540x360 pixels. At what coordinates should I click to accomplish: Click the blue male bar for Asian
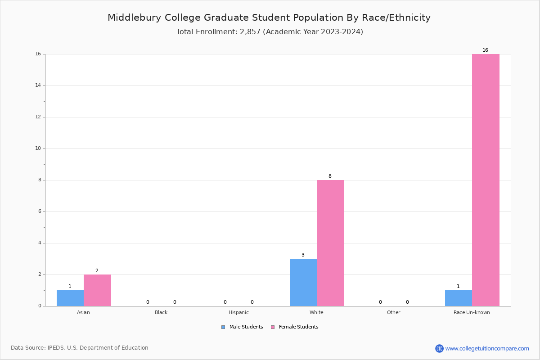coord(70,298)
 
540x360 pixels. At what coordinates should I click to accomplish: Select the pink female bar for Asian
coord(97,290)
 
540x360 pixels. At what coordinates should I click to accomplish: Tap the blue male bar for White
coord(303,282)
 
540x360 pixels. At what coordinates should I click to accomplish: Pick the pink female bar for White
coord(330,243)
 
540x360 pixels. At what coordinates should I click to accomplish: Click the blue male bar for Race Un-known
coord(458,298)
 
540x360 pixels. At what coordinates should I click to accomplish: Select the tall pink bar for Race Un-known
coord(486,180)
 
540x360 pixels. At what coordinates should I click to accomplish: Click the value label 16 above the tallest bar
coord(485,50)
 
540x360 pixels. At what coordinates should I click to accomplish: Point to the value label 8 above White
coord(330,176)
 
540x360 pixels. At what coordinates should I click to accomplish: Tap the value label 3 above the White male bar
coord(303,255)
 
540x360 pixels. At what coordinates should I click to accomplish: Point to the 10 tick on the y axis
coord(38,148)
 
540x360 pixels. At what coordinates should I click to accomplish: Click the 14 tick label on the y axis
coord(38,85)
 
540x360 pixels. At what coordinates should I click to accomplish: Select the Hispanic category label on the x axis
coord(238,312)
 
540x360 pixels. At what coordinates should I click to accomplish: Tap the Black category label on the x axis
coord(161,312)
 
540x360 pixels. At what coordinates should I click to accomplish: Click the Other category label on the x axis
coord(393,312)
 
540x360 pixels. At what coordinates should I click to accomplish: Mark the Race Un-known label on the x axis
coord(472,312)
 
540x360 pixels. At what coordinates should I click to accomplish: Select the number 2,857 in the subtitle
coord(250,32)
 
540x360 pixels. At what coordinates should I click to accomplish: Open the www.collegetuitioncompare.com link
coord(487,348)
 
